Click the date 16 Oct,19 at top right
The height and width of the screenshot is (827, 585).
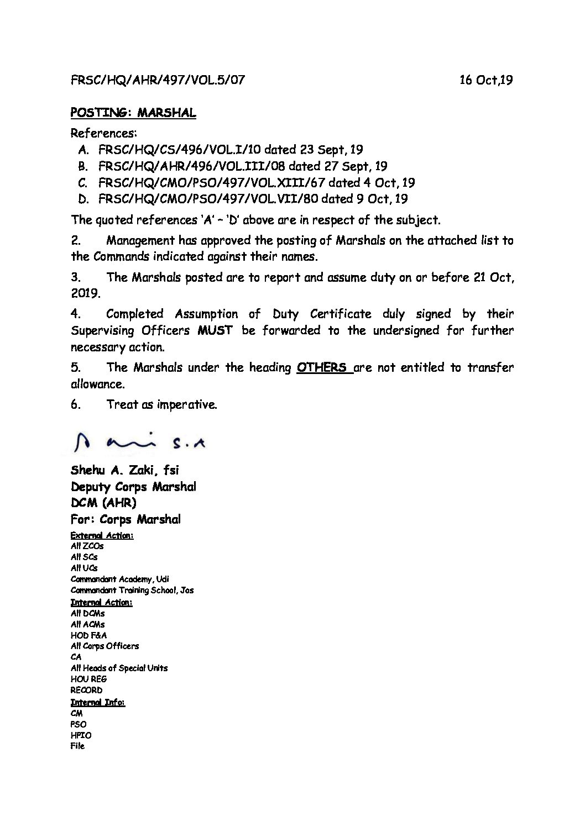[485, 80]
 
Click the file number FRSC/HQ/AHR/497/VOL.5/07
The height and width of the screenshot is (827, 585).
[158, 80]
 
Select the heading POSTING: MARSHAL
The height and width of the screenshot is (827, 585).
[133, 113]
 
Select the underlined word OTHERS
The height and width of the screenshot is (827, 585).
[322, 367]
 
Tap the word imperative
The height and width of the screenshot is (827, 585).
[186, 404]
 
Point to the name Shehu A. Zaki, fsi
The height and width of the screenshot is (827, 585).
[125, 470]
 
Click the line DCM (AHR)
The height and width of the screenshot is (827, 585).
[103, 503]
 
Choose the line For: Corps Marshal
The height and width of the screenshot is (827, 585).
[126, 519]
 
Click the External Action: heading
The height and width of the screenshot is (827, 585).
[102, 535]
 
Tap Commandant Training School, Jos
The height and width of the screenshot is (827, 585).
[132, 590]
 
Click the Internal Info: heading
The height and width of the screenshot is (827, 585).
[98, 702]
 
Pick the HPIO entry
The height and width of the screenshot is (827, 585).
[81, 735]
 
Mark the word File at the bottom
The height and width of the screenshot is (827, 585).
[78, 746]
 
